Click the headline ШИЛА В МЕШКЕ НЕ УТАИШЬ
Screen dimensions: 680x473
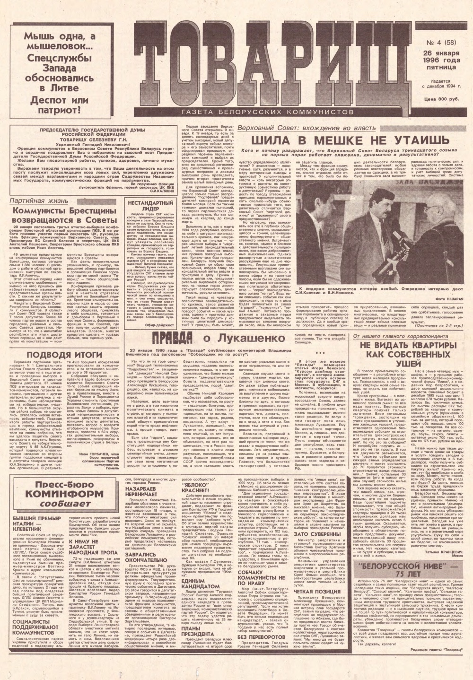349,140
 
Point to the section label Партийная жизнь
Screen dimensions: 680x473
34,201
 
